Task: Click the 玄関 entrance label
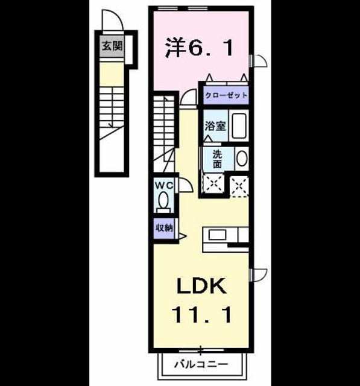(x=112, y=46)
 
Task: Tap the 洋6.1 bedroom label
(x=199, y=48)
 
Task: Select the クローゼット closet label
(x=226, y=95)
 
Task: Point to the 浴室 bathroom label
(x=215, y=126)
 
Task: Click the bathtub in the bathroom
(x=239, y=125)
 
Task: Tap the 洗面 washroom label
(x=218, y=159)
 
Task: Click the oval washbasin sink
(x=242, y=159)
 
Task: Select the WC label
(x=164, y=186)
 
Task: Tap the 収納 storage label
(x=164, y=228)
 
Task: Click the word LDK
(x=202, y=286)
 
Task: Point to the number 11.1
(x=202, y=314)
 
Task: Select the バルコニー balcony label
(x=201, y=364)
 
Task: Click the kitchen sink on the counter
(x=218, y=235)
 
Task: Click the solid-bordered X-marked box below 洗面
(x=213, y=183)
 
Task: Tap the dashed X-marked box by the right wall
(x=239, y=186)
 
